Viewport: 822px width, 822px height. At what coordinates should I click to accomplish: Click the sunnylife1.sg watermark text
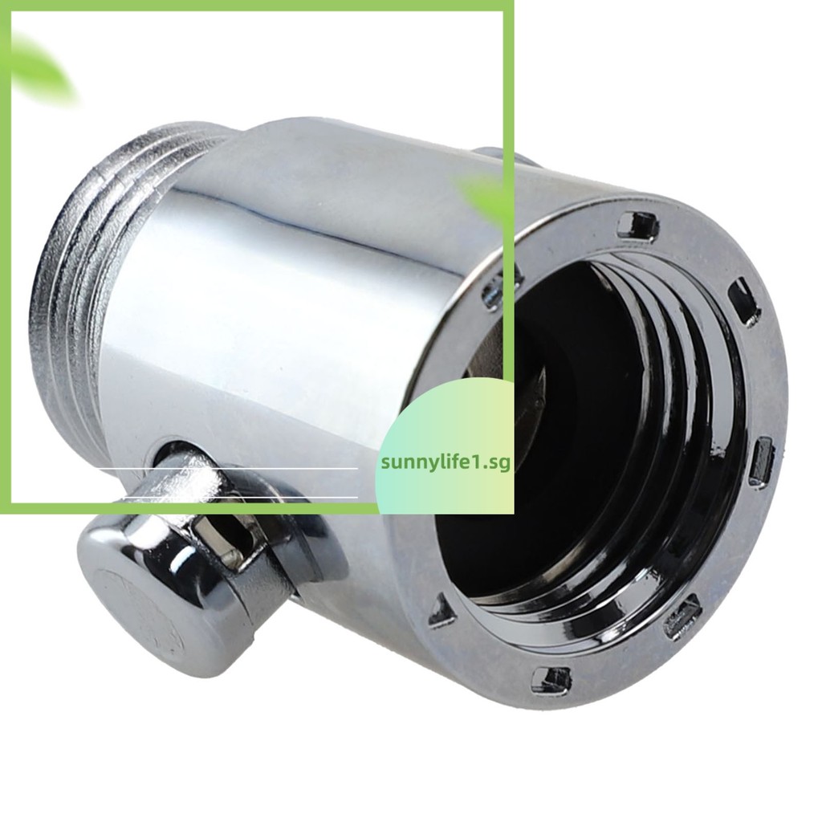click(x=446, y=463)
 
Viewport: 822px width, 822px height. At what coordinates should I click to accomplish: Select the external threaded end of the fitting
click(x=105, y=283)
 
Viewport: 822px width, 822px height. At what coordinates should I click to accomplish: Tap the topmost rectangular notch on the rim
click(x=637, y=226)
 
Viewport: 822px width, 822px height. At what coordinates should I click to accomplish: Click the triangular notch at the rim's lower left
click(x=442, y=610)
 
